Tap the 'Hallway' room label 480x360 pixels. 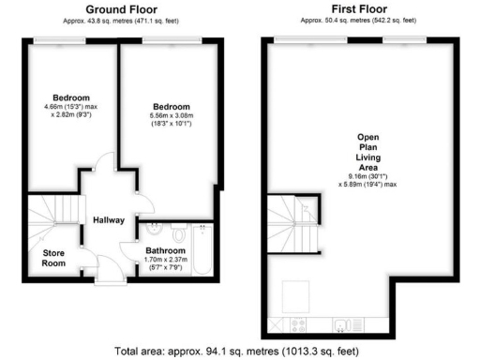[109, 220]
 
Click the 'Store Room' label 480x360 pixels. [54, 257]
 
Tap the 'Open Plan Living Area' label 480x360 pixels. [367, 153]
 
